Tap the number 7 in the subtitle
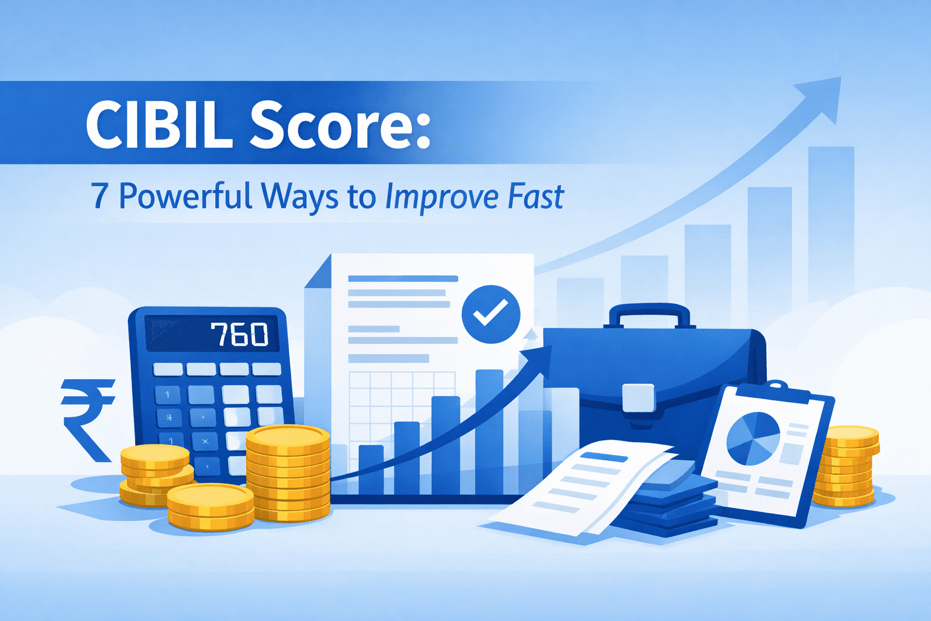pos(99,196)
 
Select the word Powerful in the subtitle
pos(185,196)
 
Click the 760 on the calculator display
pos(239,334)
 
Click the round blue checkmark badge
pos(490,314)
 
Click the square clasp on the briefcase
pos(638,398)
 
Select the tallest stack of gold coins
pos(288,473)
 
